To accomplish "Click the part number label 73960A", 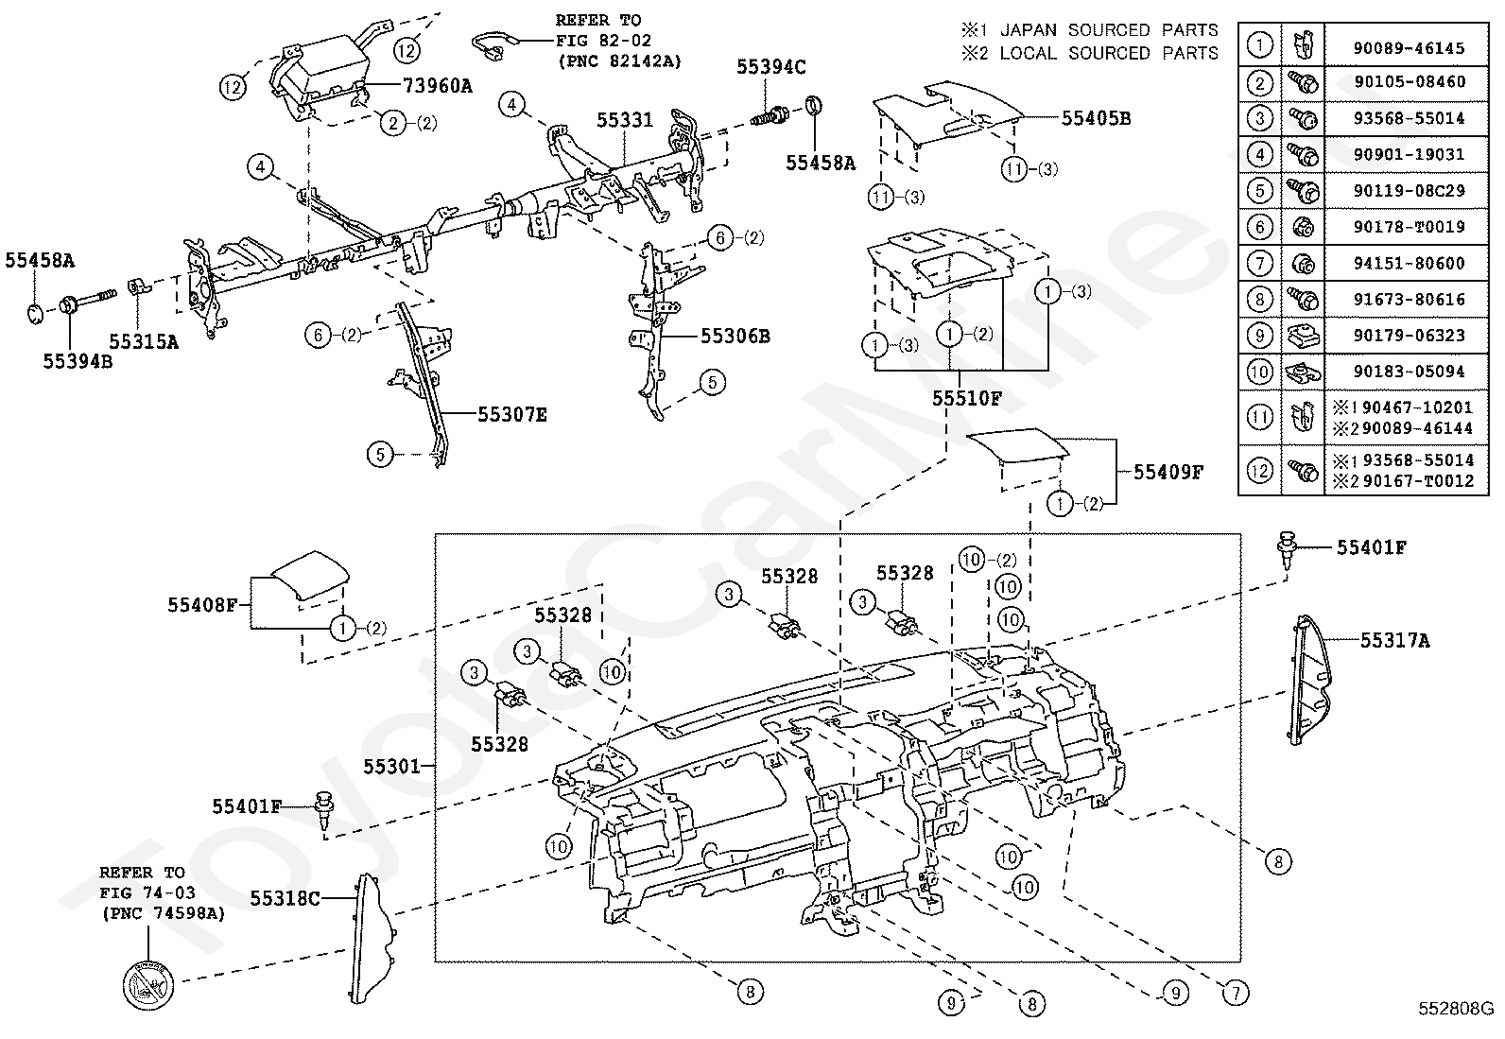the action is (x=438, y=86).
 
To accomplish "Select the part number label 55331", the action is (x=625, y=120).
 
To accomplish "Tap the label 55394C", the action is (x=770, y=67).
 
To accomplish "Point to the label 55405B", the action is (x=1096, y=118).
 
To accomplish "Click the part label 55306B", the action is (x=735, y=336).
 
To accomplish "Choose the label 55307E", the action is (x=512, y=415).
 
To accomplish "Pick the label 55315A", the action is (x=144, y=342).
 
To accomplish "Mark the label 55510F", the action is (x=967, y=399).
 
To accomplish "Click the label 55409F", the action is (x=1168, y=473).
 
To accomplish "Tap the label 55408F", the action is (x=202, y=605).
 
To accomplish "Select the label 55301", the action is (x=391, y=766).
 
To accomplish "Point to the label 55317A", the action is (x=1394, y=640).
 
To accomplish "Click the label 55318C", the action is (x=285, y=898).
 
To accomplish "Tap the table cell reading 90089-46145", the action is (x=1409, y=47).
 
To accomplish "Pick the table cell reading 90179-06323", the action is (x=1409, y=336).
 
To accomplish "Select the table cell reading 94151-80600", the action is (x=1409, y=263).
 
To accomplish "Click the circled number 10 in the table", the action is (x=1259, y=372).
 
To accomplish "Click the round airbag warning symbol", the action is (x=148, y=985).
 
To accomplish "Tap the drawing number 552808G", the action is (x=1455, y=1008).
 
